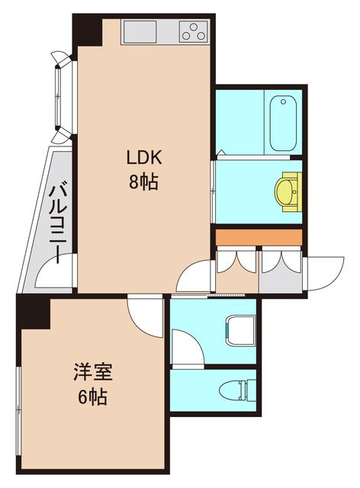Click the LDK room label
[x=143, y=159]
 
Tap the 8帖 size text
[x=143, y=183]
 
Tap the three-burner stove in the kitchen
[x=193, y=32]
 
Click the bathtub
[x=284, y=122]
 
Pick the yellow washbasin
[x=288, y=191]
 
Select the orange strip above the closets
[x=259, y=236]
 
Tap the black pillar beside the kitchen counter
[x=86, y=30]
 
